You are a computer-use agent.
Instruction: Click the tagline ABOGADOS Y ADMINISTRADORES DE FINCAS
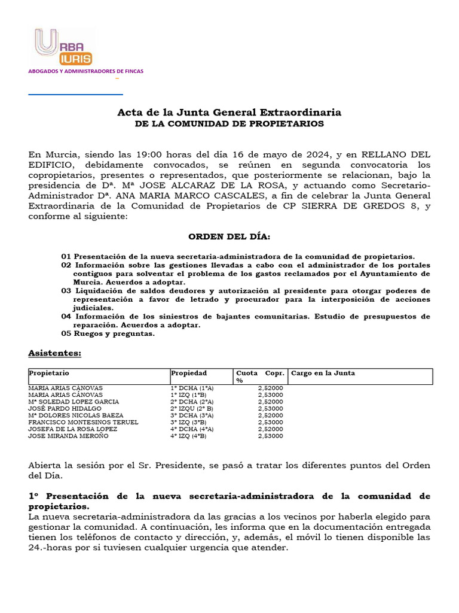click(86, 71)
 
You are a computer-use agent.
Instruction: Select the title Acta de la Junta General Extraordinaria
click(229, 113)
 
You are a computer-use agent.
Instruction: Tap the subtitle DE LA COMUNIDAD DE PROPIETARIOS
click(229, 124)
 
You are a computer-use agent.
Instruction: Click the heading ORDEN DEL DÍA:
click(229, 237)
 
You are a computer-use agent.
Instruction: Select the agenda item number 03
click(66, 290)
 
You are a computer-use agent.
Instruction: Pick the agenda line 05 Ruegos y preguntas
click(108, 333)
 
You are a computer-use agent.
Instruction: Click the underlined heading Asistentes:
click(55, 353)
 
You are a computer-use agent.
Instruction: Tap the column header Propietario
click(45, 373)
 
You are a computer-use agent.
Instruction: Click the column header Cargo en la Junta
click(323, 373)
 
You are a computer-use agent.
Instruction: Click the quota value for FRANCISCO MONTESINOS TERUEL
click(270, 422)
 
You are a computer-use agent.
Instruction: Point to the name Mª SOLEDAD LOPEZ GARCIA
click(74, 402)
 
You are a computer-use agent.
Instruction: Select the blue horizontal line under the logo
click(76, 94)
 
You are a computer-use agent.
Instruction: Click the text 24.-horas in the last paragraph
click(51, 547)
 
